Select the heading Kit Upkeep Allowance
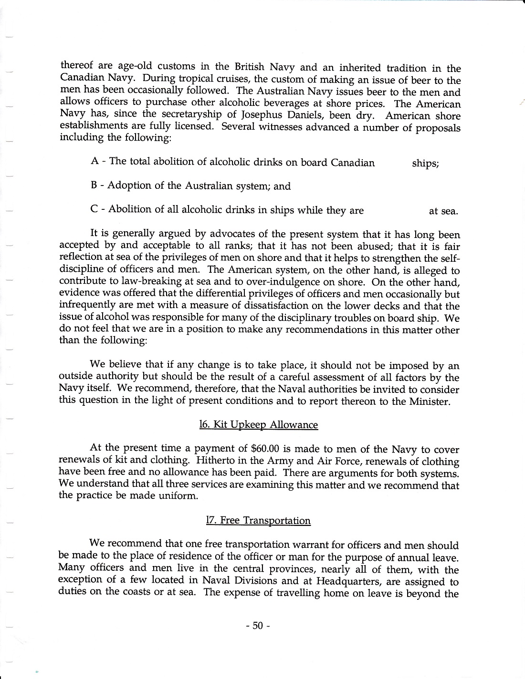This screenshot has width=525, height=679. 258,424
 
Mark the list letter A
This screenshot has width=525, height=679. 94,161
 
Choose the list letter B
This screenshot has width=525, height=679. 94,185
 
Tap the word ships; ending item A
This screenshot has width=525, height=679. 425,164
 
